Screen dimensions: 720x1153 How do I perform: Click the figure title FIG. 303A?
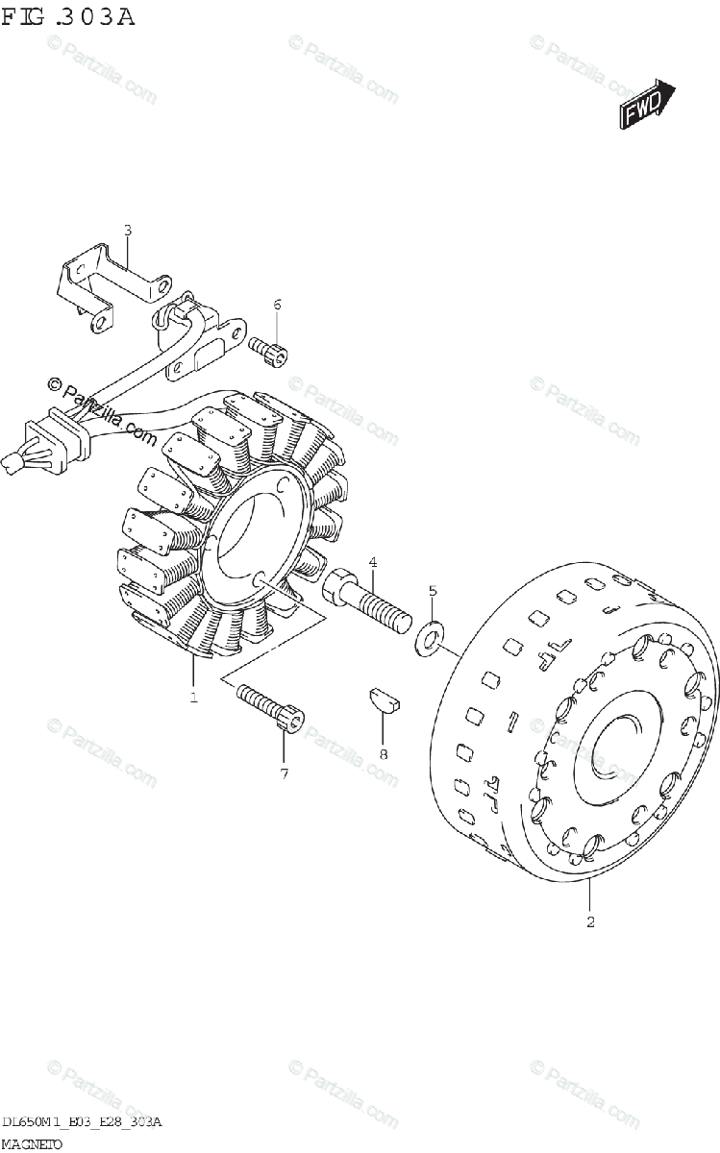[68, 16]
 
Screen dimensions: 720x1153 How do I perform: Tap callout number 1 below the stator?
[193, 697]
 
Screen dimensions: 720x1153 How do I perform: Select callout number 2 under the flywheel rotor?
[590, 923]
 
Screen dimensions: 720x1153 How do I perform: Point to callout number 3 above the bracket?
[127, 230]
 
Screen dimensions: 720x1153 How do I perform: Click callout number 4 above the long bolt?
[372, 562]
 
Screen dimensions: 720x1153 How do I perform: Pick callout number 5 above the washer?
[433, 590]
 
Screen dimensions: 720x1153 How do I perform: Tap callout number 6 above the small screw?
[277, 306]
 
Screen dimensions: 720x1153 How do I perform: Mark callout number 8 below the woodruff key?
[383, 753]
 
